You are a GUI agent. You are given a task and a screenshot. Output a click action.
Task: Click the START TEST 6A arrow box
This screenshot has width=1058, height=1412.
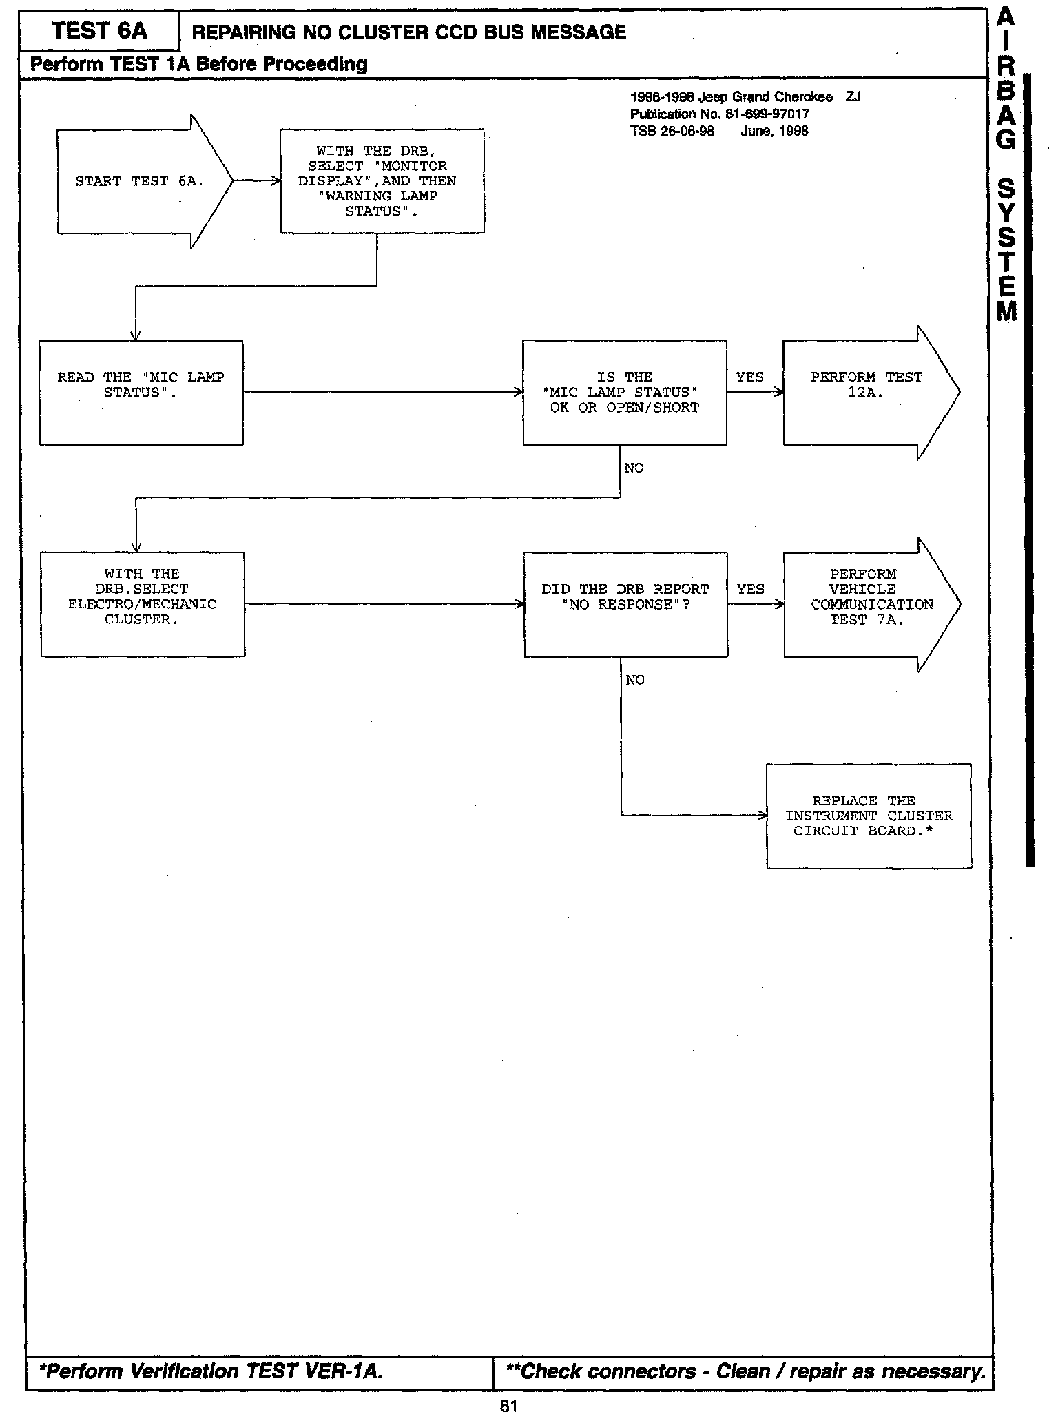138,181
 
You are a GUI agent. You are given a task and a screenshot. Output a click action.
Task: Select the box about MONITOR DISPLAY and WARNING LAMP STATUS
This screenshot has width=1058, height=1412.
382,181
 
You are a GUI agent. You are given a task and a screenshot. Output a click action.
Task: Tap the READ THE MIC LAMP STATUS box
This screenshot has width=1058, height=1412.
141,392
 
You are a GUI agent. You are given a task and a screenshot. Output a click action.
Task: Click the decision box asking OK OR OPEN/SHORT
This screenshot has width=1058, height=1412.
624,392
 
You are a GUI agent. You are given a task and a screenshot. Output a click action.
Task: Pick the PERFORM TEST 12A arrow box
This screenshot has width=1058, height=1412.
866,392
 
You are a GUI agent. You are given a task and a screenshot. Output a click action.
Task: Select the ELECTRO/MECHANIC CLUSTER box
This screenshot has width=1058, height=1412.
142,603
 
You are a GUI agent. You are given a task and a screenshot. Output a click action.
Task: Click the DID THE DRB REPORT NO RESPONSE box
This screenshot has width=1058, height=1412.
625,603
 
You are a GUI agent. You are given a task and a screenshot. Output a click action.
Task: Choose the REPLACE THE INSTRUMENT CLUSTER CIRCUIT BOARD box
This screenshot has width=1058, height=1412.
869,816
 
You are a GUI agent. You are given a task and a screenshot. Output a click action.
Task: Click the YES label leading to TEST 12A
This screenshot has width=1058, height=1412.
749,377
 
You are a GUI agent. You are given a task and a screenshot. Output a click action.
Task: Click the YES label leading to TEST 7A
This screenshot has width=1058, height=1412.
750,589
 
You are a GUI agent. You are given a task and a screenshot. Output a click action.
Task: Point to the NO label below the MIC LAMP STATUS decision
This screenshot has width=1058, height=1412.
634,468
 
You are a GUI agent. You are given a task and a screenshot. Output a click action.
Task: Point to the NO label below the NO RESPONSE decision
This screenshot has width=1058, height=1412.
635,681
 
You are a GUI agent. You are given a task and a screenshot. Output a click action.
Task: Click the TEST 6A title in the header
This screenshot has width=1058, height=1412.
99,31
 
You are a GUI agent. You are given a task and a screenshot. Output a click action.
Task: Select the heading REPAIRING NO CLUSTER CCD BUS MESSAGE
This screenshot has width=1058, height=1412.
408,32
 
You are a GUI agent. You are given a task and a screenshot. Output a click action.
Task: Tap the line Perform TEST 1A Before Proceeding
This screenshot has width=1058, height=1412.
198,65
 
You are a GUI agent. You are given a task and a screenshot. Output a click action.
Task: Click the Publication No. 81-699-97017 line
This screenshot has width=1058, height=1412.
719,114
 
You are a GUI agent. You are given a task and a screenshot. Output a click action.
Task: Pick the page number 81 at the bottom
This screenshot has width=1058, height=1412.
508,1401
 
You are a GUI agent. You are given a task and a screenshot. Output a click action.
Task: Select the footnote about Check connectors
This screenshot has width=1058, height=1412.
745,1371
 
